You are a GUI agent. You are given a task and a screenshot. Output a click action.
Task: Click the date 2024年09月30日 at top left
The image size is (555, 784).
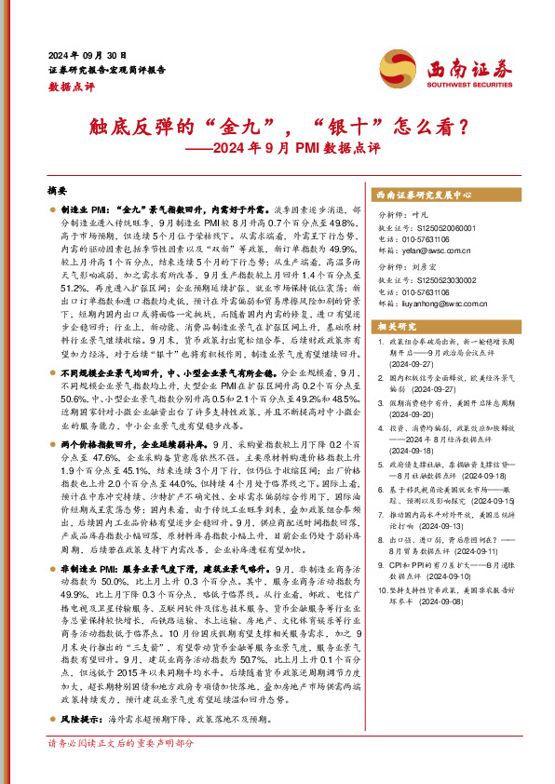(x=87, y=54)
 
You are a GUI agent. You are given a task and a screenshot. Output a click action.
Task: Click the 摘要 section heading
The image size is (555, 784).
(x=58, y=189)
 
